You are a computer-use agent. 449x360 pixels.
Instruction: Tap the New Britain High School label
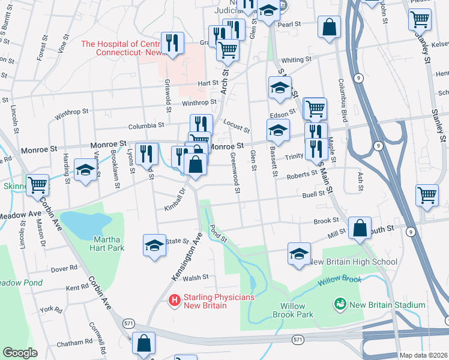(352, 262)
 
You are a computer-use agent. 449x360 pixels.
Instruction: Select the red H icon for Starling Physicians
(174, 299)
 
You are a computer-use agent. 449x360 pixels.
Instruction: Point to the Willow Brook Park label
(292, 310)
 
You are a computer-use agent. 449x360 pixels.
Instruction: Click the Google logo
(20, 353)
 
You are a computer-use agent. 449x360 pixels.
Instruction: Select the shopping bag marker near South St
(359, 229)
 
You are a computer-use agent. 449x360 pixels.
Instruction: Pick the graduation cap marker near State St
(155, 245)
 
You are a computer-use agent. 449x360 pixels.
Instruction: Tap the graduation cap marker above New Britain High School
(299, 253)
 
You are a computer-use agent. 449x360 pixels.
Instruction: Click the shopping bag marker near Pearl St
(329, 27)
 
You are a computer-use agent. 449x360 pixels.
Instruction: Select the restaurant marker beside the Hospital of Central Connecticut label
(172, 43)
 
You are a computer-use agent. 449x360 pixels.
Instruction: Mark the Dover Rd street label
(65, 268)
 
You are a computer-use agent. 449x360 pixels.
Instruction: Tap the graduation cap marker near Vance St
(85, 170)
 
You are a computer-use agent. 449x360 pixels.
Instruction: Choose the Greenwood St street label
(235, 173)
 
